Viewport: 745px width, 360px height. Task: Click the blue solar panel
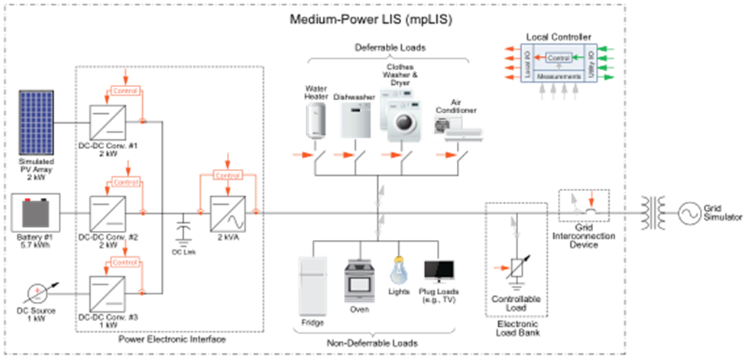pyautogui.click(x=36, y=122)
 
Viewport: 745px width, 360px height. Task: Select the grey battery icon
pyautogui.click(x=35, y=212)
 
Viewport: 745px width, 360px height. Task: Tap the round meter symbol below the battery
pyautogui.click(x=36, y=292)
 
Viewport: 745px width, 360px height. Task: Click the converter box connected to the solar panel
pyautogui.click(x=108, y=122)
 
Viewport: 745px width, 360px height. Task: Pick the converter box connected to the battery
pyautogui.click(x=108, y=213)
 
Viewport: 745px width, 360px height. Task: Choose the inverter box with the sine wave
pyautogui.click(x=228, y=213)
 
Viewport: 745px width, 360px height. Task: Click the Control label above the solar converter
pyautogui.click(x=126, y=91)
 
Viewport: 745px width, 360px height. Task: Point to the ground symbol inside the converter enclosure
pyautogui.click(x=183, y=243)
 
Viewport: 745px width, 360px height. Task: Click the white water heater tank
pyautogui.click(x=316, y=121)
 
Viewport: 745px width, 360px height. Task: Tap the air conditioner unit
pyautogui.click(x=458, y=128)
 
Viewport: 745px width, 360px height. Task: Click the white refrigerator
pyautogui.click(x=312, y=285)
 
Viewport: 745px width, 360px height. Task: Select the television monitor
pyautogui.click(x=439, y=271)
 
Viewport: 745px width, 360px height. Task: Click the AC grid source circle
pyautogui.click(x=689, y=213)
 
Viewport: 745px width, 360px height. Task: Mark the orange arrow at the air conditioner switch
pyautogui.click(x=443, y=155)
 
